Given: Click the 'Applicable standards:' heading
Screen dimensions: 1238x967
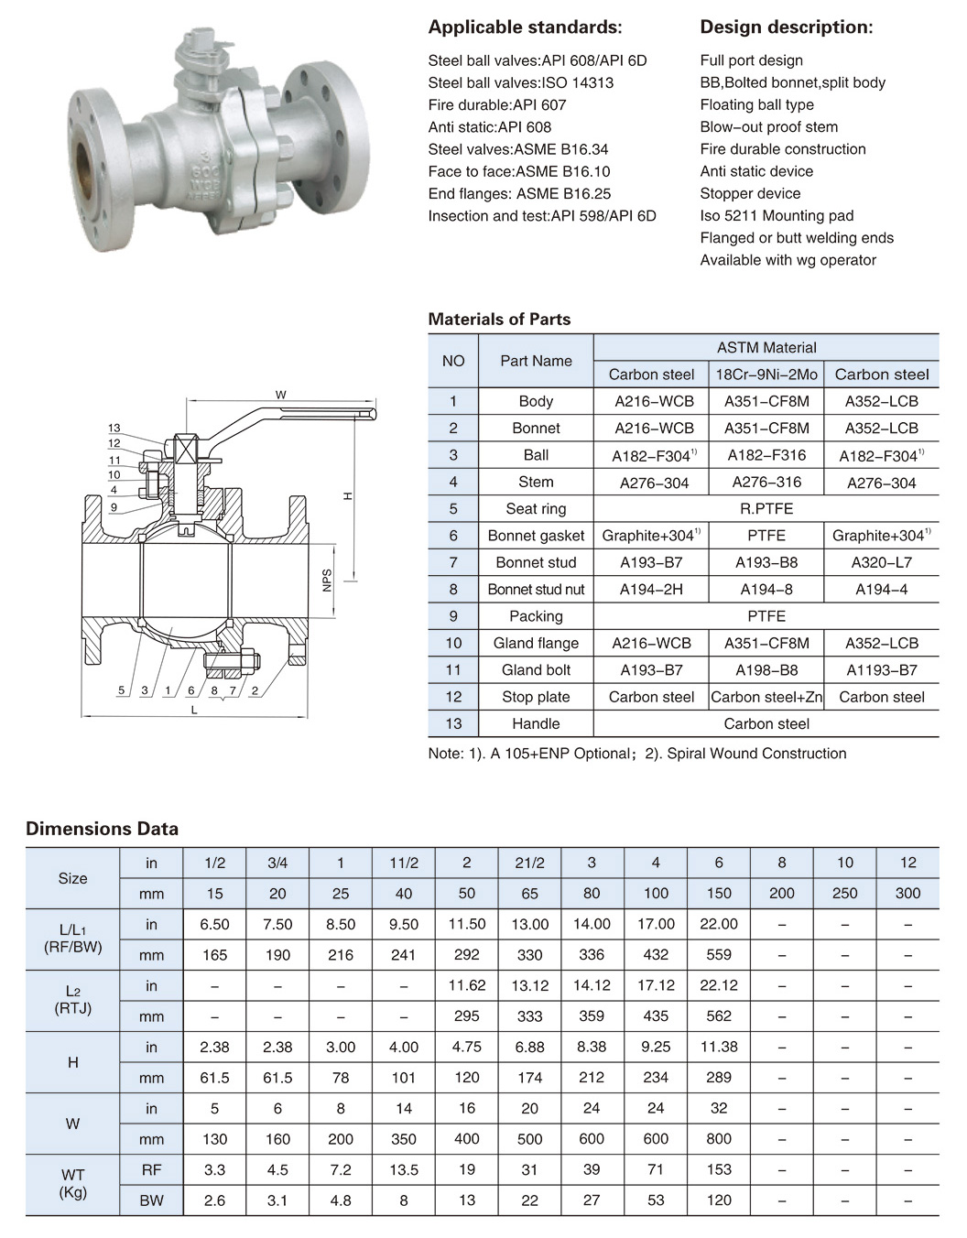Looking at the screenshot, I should click(525, 27).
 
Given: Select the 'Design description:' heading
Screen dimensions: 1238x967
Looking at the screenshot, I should click(786, 27).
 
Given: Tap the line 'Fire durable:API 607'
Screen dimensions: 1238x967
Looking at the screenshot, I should click(497, 104).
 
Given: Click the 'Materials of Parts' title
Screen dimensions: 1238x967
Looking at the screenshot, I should click(499, 320).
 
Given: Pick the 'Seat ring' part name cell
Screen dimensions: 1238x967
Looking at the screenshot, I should click(536, 508).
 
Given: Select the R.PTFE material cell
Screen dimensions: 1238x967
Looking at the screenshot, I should click(766, 508).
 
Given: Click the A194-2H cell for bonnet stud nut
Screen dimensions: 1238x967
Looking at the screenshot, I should click(651, 589).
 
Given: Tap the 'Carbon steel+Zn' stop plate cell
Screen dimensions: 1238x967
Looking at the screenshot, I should click(766, 697).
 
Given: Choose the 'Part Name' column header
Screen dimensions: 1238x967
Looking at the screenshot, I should click(536, 361).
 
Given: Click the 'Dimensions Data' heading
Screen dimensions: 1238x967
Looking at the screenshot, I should click(102, 829).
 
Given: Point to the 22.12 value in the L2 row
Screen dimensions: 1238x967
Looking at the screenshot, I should click(719, 985).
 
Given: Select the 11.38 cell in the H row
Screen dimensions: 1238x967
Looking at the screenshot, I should click(719, 1047).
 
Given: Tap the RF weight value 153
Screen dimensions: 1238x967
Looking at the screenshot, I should click(719, 1169).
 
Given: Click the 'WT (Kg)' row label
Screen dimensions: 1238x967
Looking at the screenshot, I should click(72, 1184).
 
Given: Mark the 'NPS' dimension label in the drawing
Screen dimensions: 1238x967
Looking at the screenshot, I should click(327, 580).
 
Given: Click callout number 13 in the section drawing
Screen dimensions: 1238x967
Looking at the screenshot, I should click(114, 428).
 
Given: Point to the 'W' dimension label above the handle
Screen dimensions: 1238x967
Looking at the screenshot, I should click(280, 395).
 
